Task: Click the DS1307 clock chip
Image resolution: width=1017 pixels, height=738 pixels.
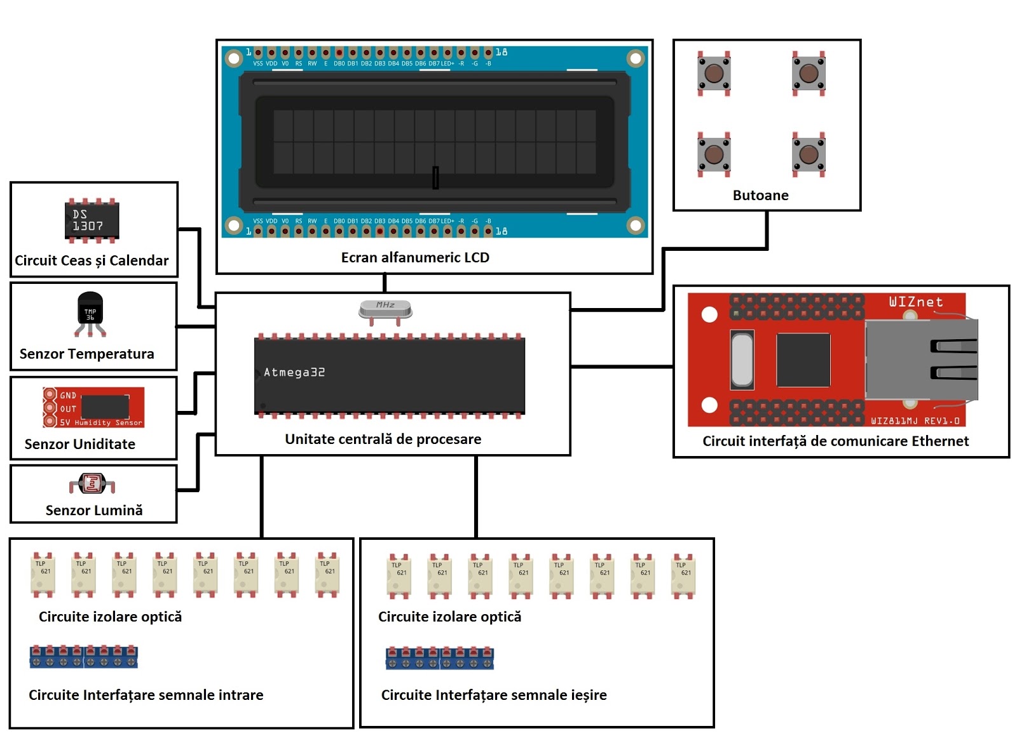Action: click(x=92, y=220)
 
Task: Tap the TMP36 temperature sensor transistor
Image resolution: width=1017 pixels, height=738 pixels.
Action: click(x=90, y=309)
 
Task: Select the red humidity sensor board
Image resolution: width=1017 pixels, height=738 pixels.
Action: click(x=93, y=407)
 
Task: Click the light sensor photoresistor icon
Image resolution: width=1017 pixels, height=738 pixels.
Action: click(x=92, y=484)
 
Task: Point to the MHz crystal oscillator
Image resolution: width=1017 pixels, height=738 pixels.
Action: click(x=385, y=309)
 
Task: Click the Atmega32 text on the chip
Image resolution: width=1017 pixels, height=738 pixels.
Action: click(x=294, y=372)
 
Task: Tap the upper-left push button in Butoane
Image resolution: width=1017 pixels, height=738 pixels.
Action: click(x=714, y=73)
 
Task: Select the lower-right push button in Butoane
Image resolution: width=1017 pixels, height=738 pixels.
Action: click(x=809, y=154)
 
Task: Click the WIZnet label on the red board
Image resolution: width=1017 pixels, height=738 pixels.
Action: click(x=915, y=302)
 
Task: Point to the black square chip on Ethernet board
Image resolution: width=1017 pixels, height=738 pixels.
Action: click(x=803, y=360)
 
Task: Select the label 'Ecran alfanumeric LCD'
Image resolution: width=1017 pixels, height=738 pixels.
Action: click(x=415, y=257)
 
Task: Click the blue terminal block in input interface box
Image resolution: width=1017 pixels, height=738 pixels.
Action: click(x=84, y=657)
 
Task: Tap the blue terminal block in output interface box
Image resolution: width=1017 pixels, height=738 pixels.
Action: click(x=440, y=658)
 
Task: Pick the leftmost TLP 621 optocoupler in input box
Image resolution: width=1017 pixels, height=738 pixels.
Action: click(x=43, y=575)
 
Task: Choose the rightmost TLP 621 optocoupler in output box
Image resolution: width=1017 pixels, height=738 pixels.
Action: click(x=683, y=576)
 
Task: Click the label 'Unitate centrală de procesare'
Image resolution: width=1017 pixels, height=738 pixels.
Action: click(x=383, y=439)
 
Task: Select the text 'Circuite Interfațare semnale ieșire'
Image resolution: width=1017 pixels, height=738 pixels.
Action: click(x=494, y=695)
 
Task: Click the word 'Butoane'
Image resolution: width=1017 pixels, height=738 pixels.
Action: click(x=760, y=195)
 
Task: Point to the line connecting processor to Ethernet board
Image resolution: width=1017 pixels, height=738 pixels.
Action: click(x=622, y=366)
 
